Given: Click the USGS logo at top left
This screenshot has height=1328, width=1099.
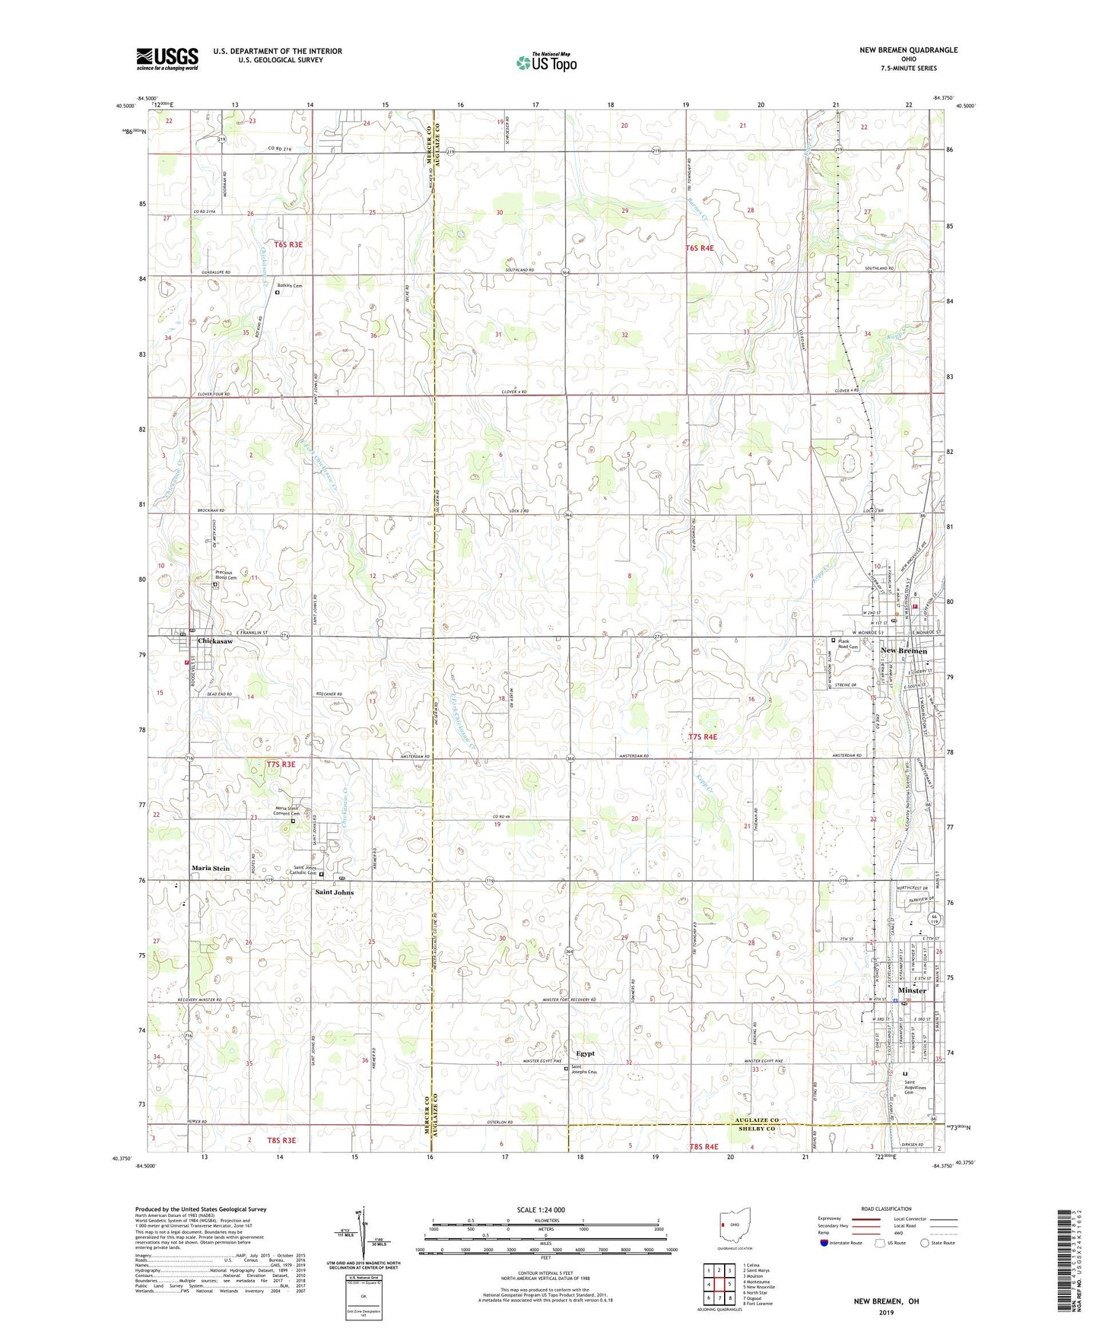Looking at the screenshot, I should pyautogui.click(x=167, y=58).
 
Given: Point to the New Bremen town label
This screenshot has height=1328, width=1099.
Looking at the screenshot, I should pyautogui.click(x=904, y=651).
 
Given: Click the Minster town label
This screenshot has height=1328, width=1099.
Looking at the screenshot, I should pyautogui.click(x=912, y=990).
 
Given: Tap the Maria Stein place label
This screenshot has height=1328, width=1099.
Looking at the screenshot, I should pyautogui.click(x=211, y=868).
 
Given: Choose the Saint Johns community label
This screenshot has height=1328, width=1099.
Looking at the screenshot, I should pyautogui.click(x=335, y=892).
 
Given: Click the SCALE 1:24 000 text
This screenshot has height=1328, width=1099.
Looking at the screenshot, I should pyautogui.click(x=541, y=1210).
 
